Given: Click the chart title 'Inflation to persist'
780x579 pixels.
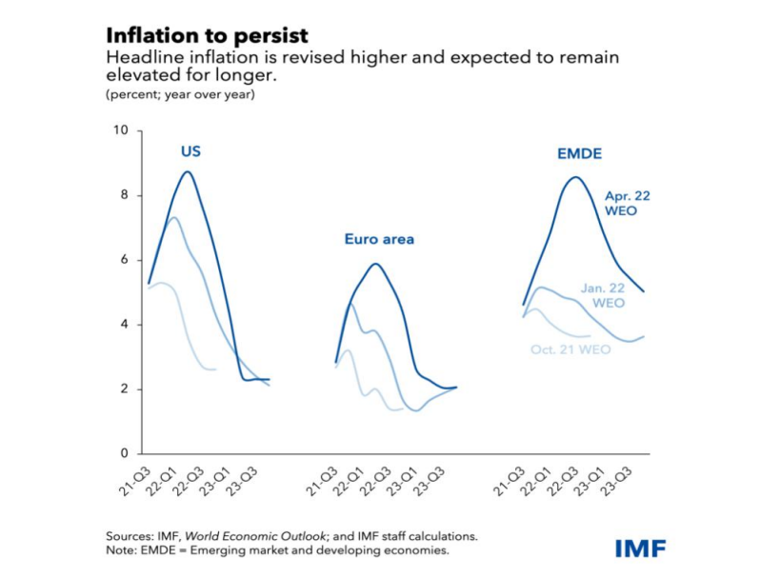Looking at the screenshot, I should [207, 35].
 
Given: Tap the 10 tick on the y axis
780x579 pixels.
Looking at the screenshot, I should [121, 130].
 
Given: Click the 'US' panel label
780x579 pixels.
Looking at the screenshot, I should [190, 151].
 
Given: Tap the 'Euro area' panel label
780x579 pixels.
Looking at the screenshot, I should [379, 239].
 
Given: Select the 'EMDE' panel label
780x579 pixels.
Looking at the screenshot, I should [579, 153].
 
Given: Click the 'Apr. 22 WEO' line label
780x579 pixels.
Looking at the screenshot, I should [627, 203].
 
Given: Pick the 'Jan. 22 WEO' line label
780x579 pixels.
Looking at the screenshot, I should [602, 295].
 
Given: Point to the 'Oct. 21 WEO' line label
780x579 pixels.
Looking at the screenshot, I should [570, 349].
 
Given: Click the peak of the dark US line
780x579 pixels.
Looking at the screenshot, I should [188, 172].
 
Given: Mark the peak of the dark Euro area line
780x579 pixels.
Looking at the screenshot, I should [376, 264].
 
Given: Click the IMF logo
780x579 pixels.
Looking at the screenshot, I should [640, 548].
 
